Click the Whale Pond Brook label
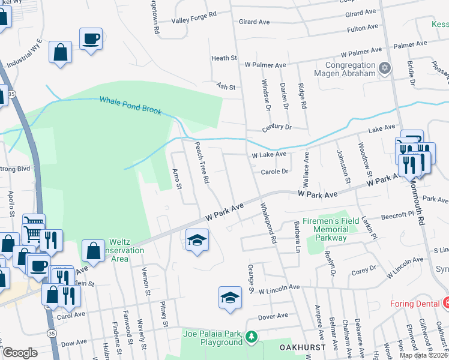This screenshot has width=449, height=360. click(x=130, y=106)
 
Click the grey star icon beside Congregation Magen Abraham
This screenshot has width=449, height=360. click(x=384, y=69)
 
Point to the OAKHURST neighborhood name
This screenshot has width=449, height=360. click(x=286, y=347)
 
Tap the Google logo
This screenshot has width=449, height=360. click(x=20, y=353)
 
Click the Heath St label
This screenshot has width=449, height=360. click(x=224, y=58)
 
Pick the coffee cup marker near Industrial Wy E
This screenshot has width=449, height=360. click(x=91, y=39)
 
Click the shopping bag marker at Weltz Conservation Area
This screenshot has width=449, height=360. click(x=94, y=251)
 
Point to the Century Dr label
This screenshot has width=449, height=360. click(x=276, y=128)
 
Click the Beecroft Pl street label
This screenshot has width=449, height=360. click(x=396, y=214)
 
